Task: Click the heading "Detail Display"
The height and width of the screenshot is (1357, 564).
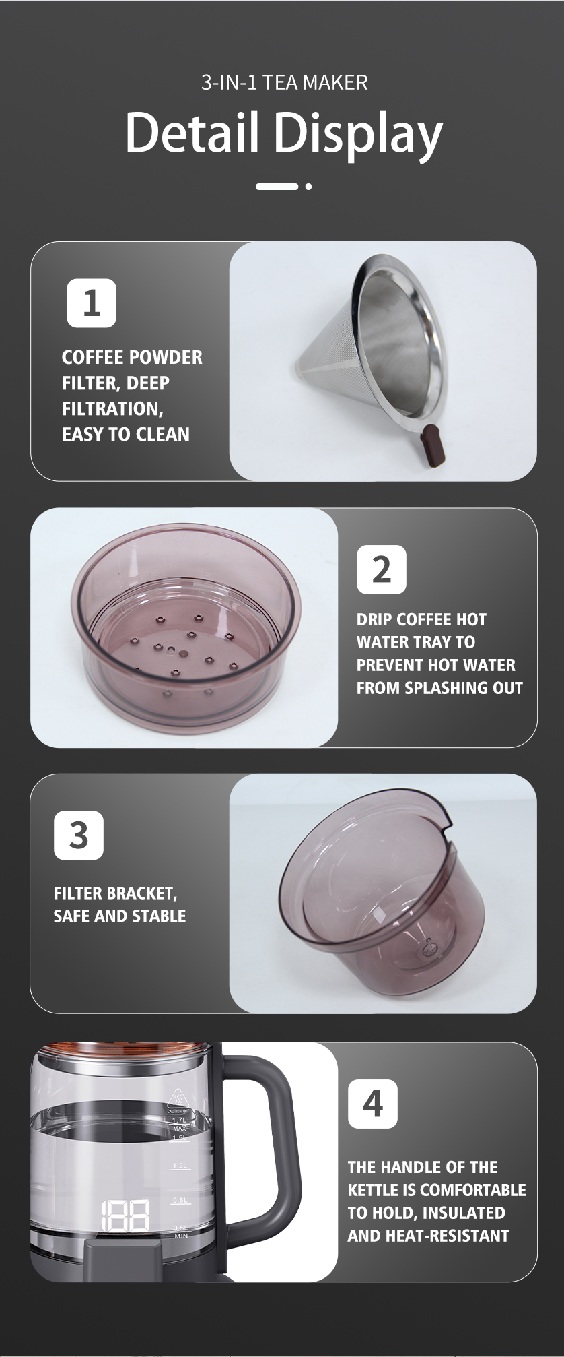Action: click(283, 133)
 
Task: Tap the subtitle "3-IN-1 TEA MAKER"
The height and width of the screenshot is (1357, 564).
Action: click(284, 83)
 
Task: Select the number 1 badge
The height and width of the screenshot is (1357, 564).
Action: click(92, 303)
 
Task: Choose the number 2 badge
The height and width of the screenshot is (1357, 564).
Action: click(381, 569)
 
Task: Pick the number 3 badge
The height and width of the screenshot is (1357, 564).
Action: click(79, 835)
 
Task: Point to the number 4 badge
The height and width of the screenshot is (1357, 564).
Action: click(372, 1104)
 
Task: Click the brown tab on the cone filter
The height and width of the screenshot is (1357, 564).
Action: click(431, 445)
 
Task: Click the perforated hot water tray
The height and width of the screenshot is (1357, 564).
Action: click(184, 630)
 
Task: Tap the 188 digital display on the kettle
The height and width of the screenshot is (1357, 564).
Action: click(125, 1216)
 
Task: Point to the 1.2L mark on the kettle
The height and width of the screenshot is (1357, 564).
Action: click(180, 1165)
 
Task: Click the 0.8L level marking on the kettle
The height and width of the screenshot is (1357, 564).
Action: click(180, 1200)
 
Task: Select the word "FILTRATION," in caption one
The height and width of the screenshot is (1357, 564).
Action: click(112, 409)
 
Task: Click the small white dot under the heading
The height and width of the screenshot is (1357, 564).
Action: click(308, 187)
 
